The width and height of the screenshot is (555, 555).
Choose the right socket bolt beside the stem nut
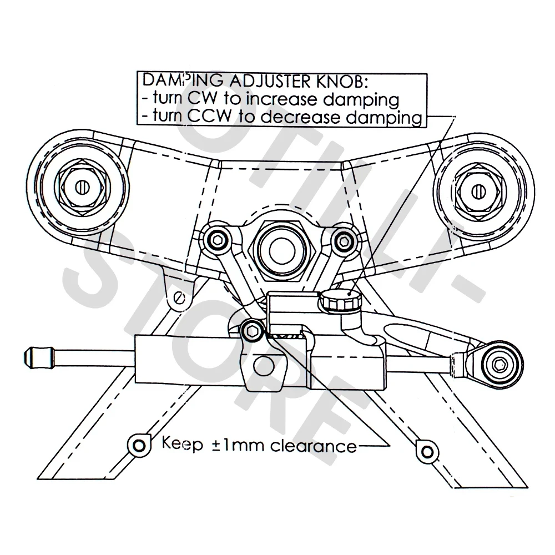click(345, 240)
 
